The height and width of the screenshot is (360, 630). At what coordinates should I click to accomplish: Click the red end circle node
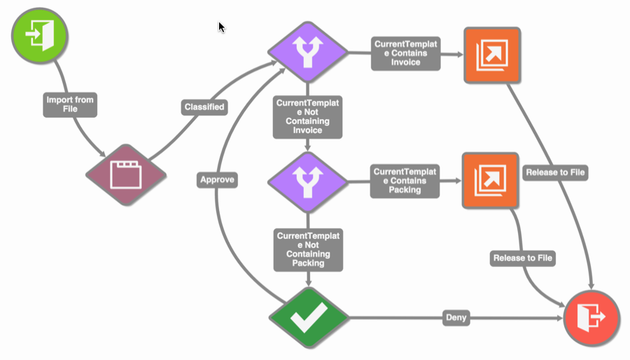point(591,318)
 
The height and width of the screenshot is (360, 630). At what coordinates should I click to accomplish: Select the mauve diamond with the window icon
point(126,174)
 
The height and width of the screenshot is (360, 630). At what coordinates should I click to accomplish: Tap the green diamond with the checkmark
point(309,318)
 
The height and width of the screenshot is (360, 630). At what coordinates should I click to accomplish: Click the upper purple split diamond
point(308,51)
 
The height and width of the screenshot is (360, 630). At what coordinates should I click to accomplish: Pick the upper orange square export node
point(491,55)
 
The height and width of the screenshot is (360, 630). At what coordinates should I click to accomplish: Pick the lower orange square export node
point(490,180)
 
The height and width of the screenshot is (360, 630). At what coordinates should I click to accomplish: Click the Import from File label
point(69,104)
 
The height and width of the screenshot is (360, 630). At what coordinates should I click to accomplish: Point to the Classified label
point(204,107)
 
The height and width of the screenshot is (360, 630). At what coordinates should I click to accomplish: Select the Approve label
point(217,180)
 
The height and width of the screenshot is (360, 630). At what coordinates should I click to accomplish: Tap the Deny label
point(456,319)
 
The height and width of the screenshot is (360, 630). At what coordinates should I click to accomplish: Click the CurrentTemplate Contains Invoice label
point(405,53)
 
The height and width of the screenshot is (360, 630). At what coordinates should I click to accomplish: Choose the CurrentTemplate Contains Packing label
point(405,181)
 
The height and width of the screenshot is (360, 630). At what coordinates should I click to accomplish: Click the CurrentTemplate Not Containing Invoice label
point(308,116)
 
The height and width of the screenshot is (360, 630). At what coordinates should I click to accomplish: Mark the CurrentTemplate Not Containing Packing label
point(308,249)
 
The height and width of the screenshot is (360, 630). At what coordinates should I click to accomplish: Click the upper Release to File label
point(555,172)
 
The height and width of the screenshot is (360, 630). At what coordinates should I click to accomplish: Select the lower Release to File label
point(523,258)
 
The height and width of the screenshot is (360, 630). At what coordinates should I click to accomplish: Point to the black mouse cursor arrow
point(221,27)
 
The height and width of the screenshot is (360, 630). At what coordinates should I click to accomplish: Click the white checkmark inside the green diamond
point(309,318)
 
